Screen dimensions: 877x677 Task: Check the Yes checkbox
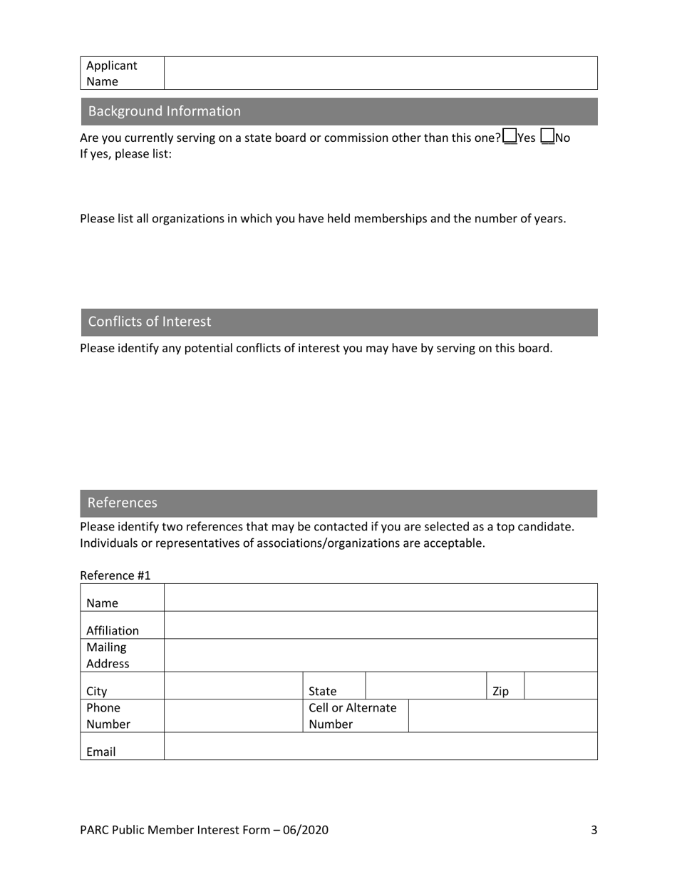coord(510,136)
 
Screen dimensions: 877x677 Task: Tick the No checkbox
coord(548,136)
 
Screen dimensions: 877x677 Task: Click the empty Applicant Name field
coord(380,73)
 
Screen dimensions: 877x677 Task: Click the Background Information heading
coord(165,111)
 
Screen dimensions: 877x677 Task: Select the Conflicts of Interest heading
coord(150,322)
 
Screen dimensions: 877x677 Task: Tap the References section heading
coord(123,503)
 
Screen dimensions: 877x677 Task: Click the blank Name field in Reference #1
coord(380,598)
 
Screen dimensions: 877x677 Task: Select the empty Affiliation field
coord(380,625)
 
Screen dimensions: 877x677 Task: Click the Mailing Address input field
coord(380,655)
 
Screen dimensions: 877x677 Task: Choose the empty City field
coord(234,685)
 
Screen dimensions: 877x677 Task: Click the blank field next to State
coord(426,685)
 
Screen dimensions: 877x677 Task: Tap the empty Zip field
coord(561,685)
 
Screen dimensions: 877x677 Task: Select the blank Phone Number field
coord(234,716)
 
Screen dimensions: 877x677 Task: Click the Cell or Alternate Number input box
coord(502,716)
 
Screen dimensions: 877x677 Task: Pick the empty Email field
coord(380,746)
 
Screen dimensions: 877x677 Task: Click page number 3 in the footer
coord(594,830)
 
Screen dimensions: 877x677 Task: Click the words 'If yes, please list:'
coord(125,153)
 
